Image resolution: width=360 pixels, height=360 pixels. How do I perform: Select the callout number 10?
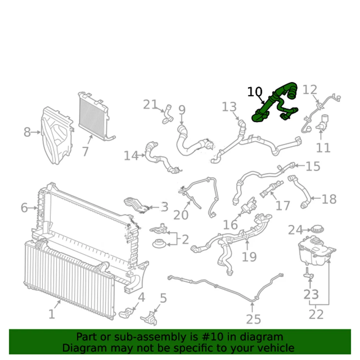[x=255, y=92]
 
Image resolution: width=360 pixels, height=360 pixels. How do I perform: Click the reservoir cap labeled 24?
[x=317, y=229]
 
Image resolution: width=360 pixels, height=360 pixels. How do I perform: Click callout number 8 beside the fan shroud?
[x=27, y=132]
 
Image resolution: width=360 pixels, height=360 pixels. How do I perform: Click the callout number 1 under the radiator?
[x=52, y=314]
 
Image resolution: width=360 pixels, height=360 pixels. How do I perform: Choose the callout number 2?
[x=185, y=239]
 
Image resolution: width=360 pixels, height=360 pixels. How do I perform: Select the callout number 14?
[x=131, y=156]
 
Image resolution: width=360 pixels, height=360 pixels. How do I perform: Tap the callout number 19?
[x=249, y=257]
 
